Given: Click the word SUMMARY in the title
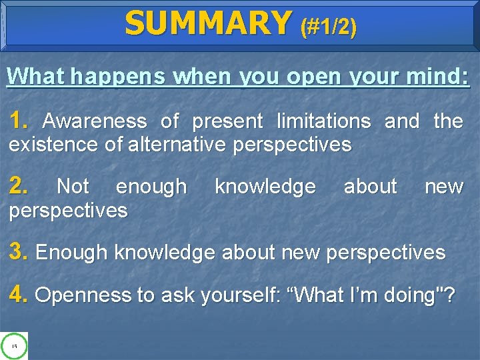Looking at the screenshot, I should pos(208,23).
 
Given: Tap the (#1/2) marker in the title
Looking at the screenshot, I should pos(329,27).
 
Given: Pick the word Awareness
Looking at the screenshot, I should pos(95,121).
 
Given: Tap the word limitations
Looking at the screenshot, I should pos(323,121).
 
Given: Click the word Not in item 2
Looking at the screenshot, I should pos(73,187).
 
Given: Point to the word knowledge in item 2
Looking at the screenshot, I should pos(265,187).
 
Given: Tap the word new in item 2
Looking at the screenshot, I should pos(444,187).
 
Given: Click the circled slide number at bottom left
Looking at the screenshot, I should pos(14,345).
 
